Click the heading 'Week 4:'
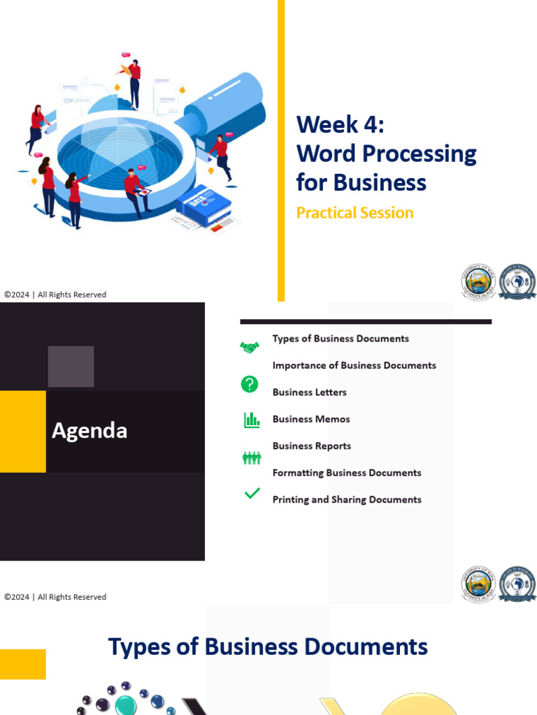pyautogui.click(x=340, y=124)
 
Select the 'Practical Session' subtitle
pyautogui.click(x=355, y=213)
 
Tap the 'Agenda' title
pyautogui.click(x=89, y=431)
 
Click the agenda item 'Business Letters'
pyautogui.click(x=309, y=392)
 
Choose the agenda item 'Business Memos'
pyautogui.click(x=311, y=419)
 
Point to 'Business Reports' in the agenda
pyautogui.click(x=311, y=446)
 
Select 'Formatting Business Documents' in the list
pyautogui.click(x=347, y=473)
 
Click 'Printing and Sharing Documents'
pyautogui.click(x=347, y=500)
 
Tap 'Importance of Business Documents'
pyautogui.click(x=354, y=365)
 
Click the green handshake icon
pyautogui.click(x=250, y=347)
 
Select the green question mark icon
pyautogui.click(x=250, y=384)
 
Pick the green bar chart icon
pyautogui.click(x=251, y=420)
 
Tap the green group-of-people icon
pyautogui.click(x=251, y=458)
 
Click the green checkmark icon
pyautogui.click(x=252, y=494)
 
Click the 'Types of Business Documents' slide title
pyautogui.click(x=268, y=647)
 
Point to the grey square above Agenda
pyautogui.click(x=71, y=367)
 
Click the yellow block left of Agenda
pyautogui.click(x=22, y=431)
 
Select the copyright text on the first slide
pyautogui.click(x=55, y=295)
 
